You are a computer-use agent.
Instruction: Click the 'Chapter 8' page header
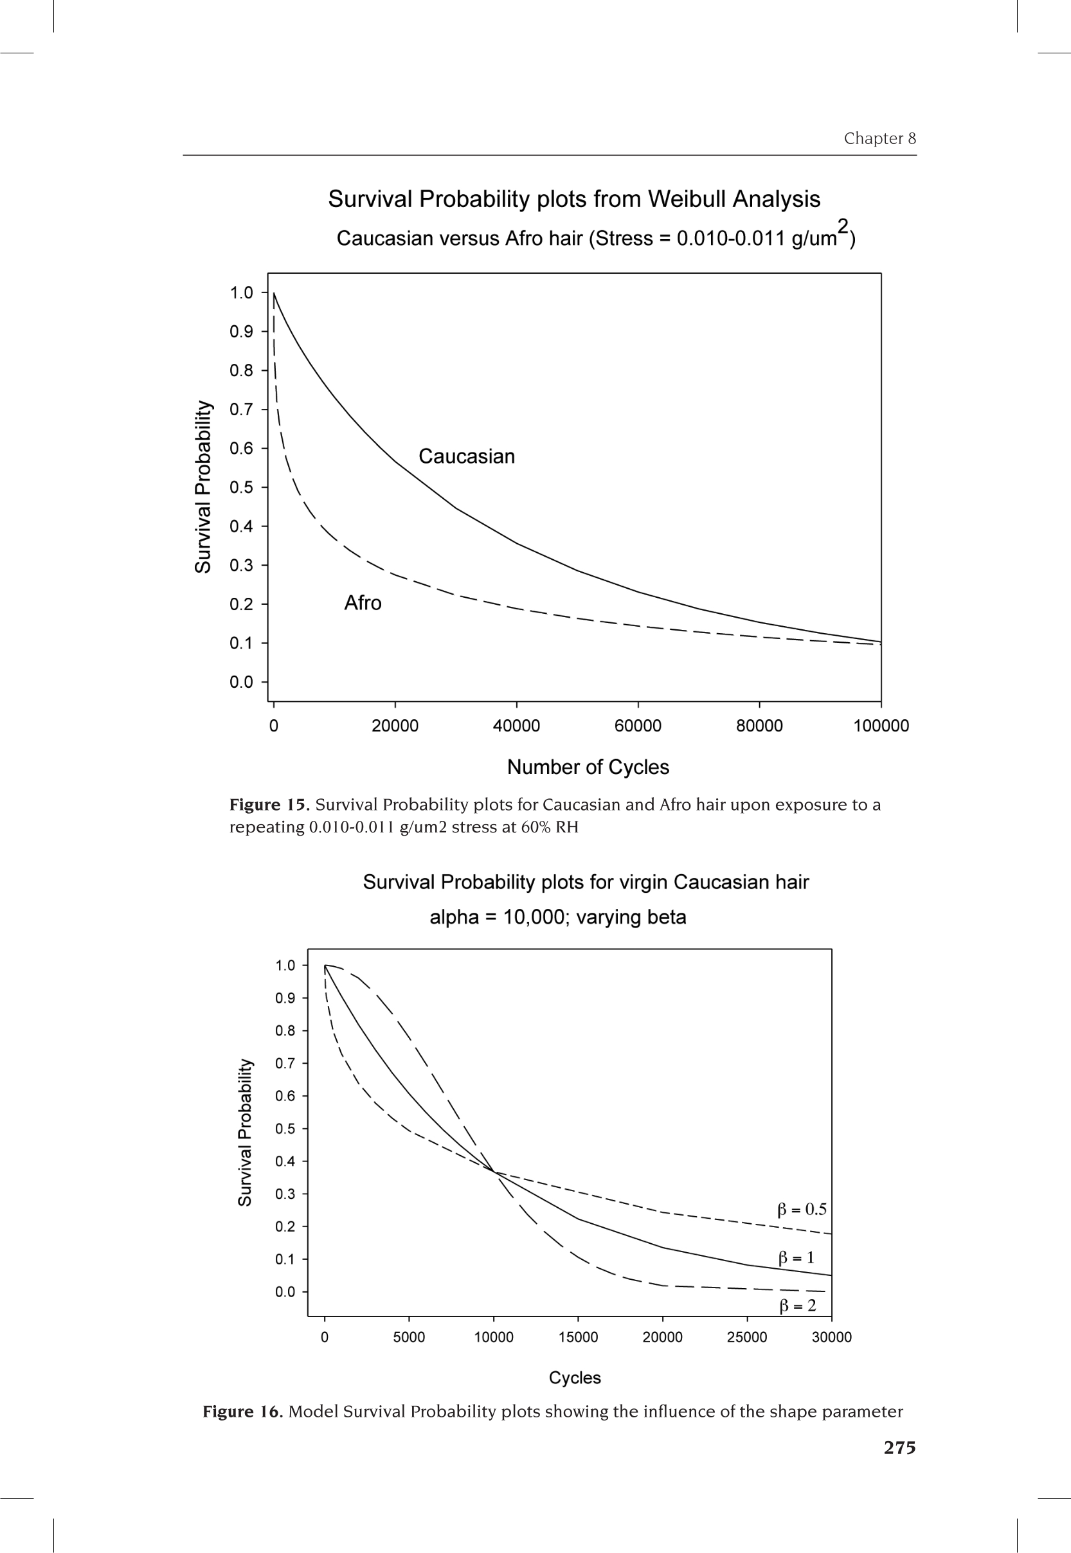click(879, 138)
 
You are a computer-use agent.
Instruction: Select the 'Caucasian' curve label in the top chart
click(466, 456)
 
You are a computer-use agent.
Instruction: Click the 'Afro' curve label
click(363, 603)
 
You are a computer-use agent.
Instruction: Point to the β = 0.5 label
click(802, 1209)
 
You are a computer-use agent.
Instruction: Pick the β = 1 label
click(796, 1257)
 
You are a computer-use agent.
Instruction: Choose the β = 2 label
click(797, 1306)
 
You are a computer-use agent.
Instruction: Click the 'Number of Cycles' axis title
click(588, 767)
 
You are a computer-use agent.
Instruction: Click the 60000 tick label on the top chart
click(638, 726)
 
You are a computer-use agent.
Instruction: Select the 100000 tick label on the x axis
click(881, 726)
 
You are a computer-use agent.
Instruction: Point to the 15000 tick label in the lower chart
click(578, 1337)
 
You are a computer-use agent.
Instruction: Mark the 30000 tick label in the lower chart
click(831, 1337)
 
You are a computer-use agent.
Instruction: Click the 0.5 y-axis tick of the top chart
click(241, 487)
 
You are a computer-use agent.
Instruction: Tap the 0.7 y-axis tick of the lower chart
click(285, 1063)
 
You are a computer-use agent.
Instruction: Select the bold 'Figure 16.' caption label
click(243, 1412)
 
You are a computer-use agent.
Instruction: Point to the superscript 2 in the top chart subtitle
click(843, 226)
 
